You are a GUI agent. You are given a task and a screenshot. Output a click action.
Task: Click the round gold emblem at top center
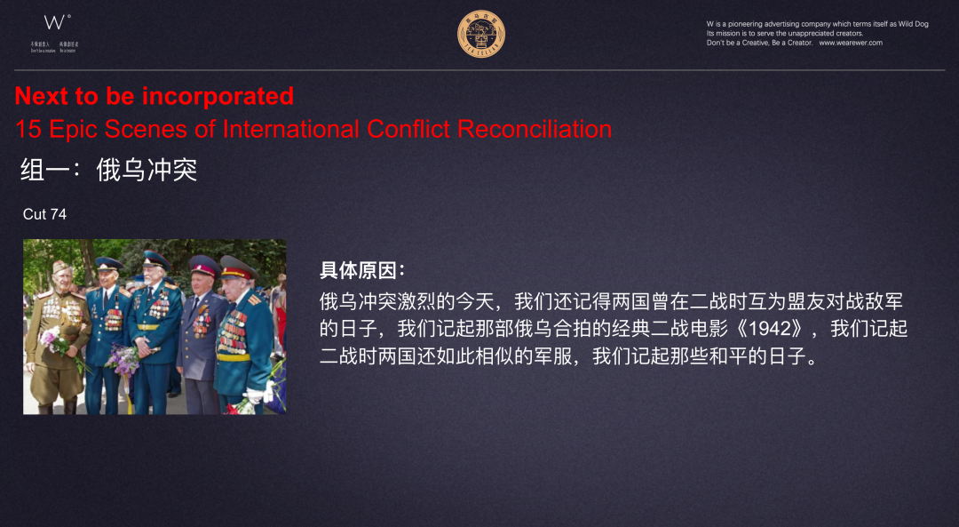[481, 35]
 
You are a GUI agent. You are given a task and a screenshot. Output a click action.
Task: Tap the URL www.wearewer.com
[850, 43]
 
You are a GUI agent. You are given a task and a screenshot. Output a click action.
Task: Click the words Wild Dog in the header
[910, 24]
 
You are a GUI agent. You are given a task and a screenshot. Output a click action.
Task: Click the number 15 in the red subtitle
[28, 129]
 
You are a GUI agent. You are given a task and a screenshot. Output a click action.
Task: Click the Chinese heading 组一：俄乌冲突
[108, 170]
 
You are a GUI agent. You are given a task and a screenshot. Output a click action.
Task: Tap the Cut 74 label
[44, 214]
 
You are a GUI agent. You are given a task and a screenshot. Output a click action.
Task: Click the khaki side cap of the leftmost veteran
[61, 267]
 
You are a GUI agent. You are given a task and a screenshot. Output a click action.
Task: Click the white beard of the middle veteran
[157, 285]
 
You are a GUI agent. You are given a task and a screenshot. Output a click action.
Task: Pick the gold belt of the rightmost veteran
[233, 357]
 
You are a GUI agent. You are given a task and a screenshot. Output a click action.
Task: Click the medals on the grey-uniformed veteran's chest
[202, 320]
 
